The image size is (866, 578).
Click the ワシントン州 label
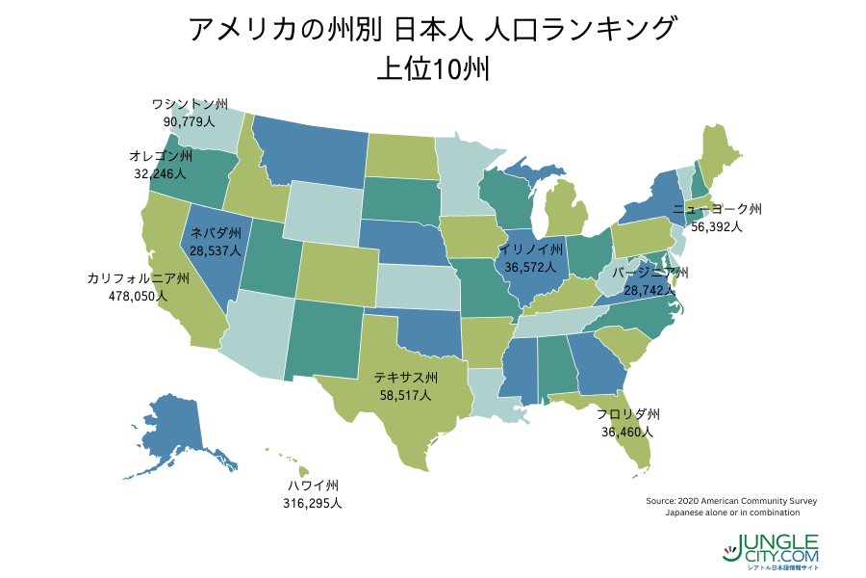[x=190, y=104]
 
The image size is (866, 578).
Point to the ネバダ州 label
[x=216, y=233]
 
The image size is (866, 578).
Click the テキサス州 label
[x=406, y=377]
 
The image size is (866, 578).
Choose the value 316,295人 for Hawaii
[x=312, y=503]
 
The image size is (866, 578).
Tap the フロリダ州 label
[x=627, y=415]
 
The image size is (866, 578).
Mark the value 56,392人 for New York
[x=717, y=226]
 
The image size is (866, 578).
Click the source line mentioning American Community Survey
[x=732, y=501]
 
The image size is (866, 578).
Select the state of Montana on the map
[x=308, y=154]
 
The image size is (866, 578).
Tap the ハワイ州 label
[x=314, y=486]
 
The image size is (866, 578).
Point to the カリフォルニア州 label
[x=138, y=278]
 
